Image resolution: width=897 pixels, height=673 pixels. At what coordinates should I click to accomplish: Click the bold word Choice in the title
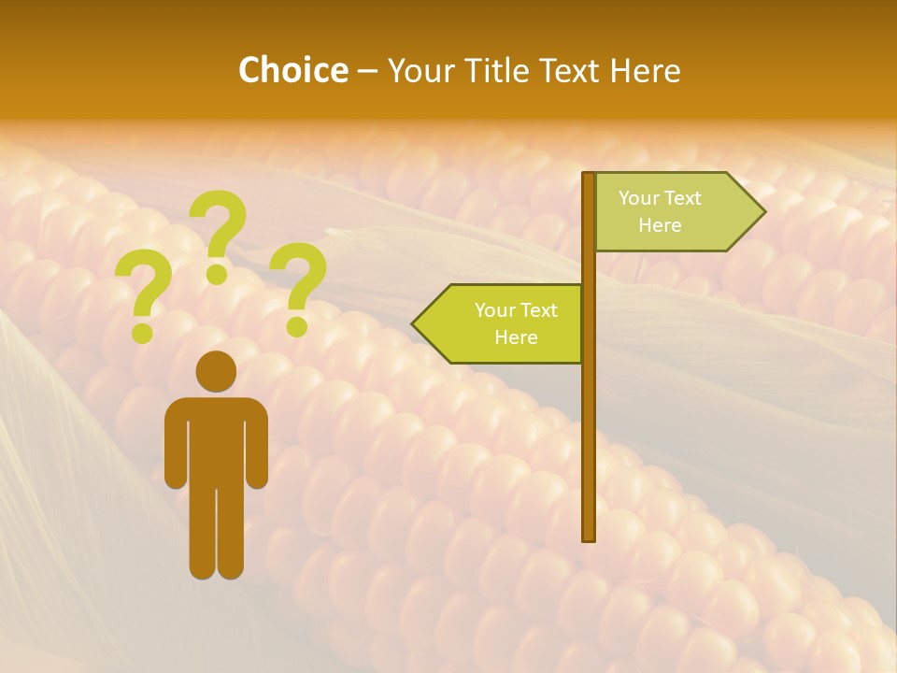click(x=292, y=70)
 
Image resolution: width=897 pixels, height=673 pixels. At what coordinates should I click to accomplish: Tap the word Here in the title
click(x=645, y=70)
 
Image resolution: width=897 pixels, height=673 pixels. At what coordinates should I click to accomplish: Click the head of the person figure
click(x=216, y=371)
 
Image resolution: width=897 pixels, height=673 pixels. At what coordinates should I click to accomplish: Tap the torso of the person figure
click(x=216, y=439)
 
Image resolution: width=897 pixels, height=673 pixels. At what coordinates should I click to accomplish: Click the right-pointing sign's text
click(x=660, y=211)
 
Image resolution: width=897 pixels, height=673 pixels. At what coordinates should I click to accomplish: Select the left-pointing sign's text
click(x=516, y=323)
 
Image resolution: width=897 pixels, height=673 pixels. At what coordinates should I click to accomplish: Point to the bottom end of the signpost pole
click(x=589, y=537)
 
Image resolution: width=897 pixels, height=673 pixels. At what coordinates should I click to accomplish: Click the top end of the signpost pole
click(x=589, y=176)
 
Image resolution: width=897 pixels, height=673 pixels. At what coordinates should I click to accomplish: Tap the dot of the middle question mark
click(x=217, y=274)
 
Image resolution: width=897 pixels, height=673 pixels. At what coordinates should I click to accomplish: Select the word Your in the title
click(x=418, y=70)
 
